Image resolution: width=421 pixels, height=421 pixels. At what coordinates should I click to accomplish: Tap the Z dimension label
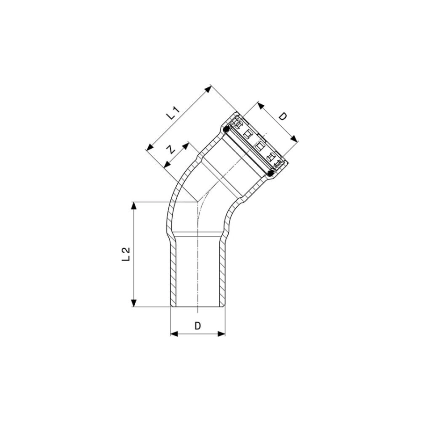click(171, 149)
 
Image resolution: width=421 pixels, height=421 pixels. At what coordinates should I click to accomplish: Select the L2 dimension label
click(126, 254)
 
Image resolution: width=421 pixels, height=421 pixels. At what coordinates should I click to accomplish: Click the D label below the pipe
click(197, 326)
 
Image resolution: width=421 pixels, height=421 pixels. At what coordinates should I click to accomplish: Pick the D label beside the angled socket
click(283, 116)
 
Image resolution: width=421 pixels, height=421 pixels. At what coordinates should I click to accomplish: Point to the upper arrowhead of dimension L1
click(208, 89)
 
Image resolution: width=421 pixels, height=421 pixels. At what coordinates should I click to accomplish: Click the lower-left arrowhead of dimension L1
click(149, 147)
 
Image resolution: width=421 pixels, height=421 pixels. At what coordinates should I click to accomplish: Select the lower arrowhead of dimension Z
click(167, 164)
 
